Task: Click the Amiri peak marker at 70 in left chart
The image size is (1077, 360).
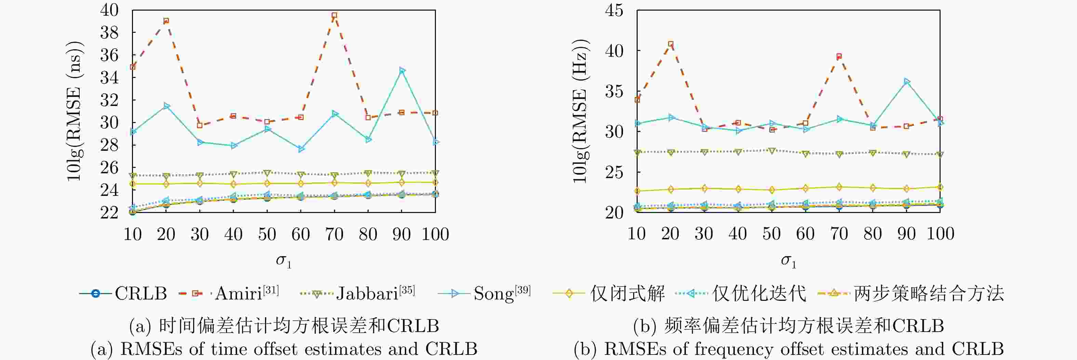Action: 334,15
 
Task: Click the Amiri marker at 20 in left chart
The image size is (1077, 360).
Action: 166,21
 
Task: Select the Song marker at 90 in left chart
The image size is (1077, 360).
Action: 402,70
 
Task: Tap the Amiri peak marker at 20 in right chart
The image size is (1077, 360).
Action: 670,44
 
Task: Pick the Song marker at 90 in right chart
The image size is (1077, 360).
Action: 906,81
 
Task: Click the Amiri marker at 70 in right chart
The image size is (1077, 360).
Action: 839,56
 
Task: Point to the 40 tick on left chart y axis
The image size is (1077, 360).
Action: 109,10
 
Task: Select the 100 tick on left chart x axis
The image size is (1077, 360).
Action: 435,234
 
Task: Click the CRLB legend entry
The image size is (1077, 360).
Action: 123,294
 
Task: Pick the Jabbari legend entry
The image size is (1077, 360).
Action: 358,294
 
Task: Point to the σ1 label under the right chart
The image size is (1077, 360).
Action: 788,261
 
